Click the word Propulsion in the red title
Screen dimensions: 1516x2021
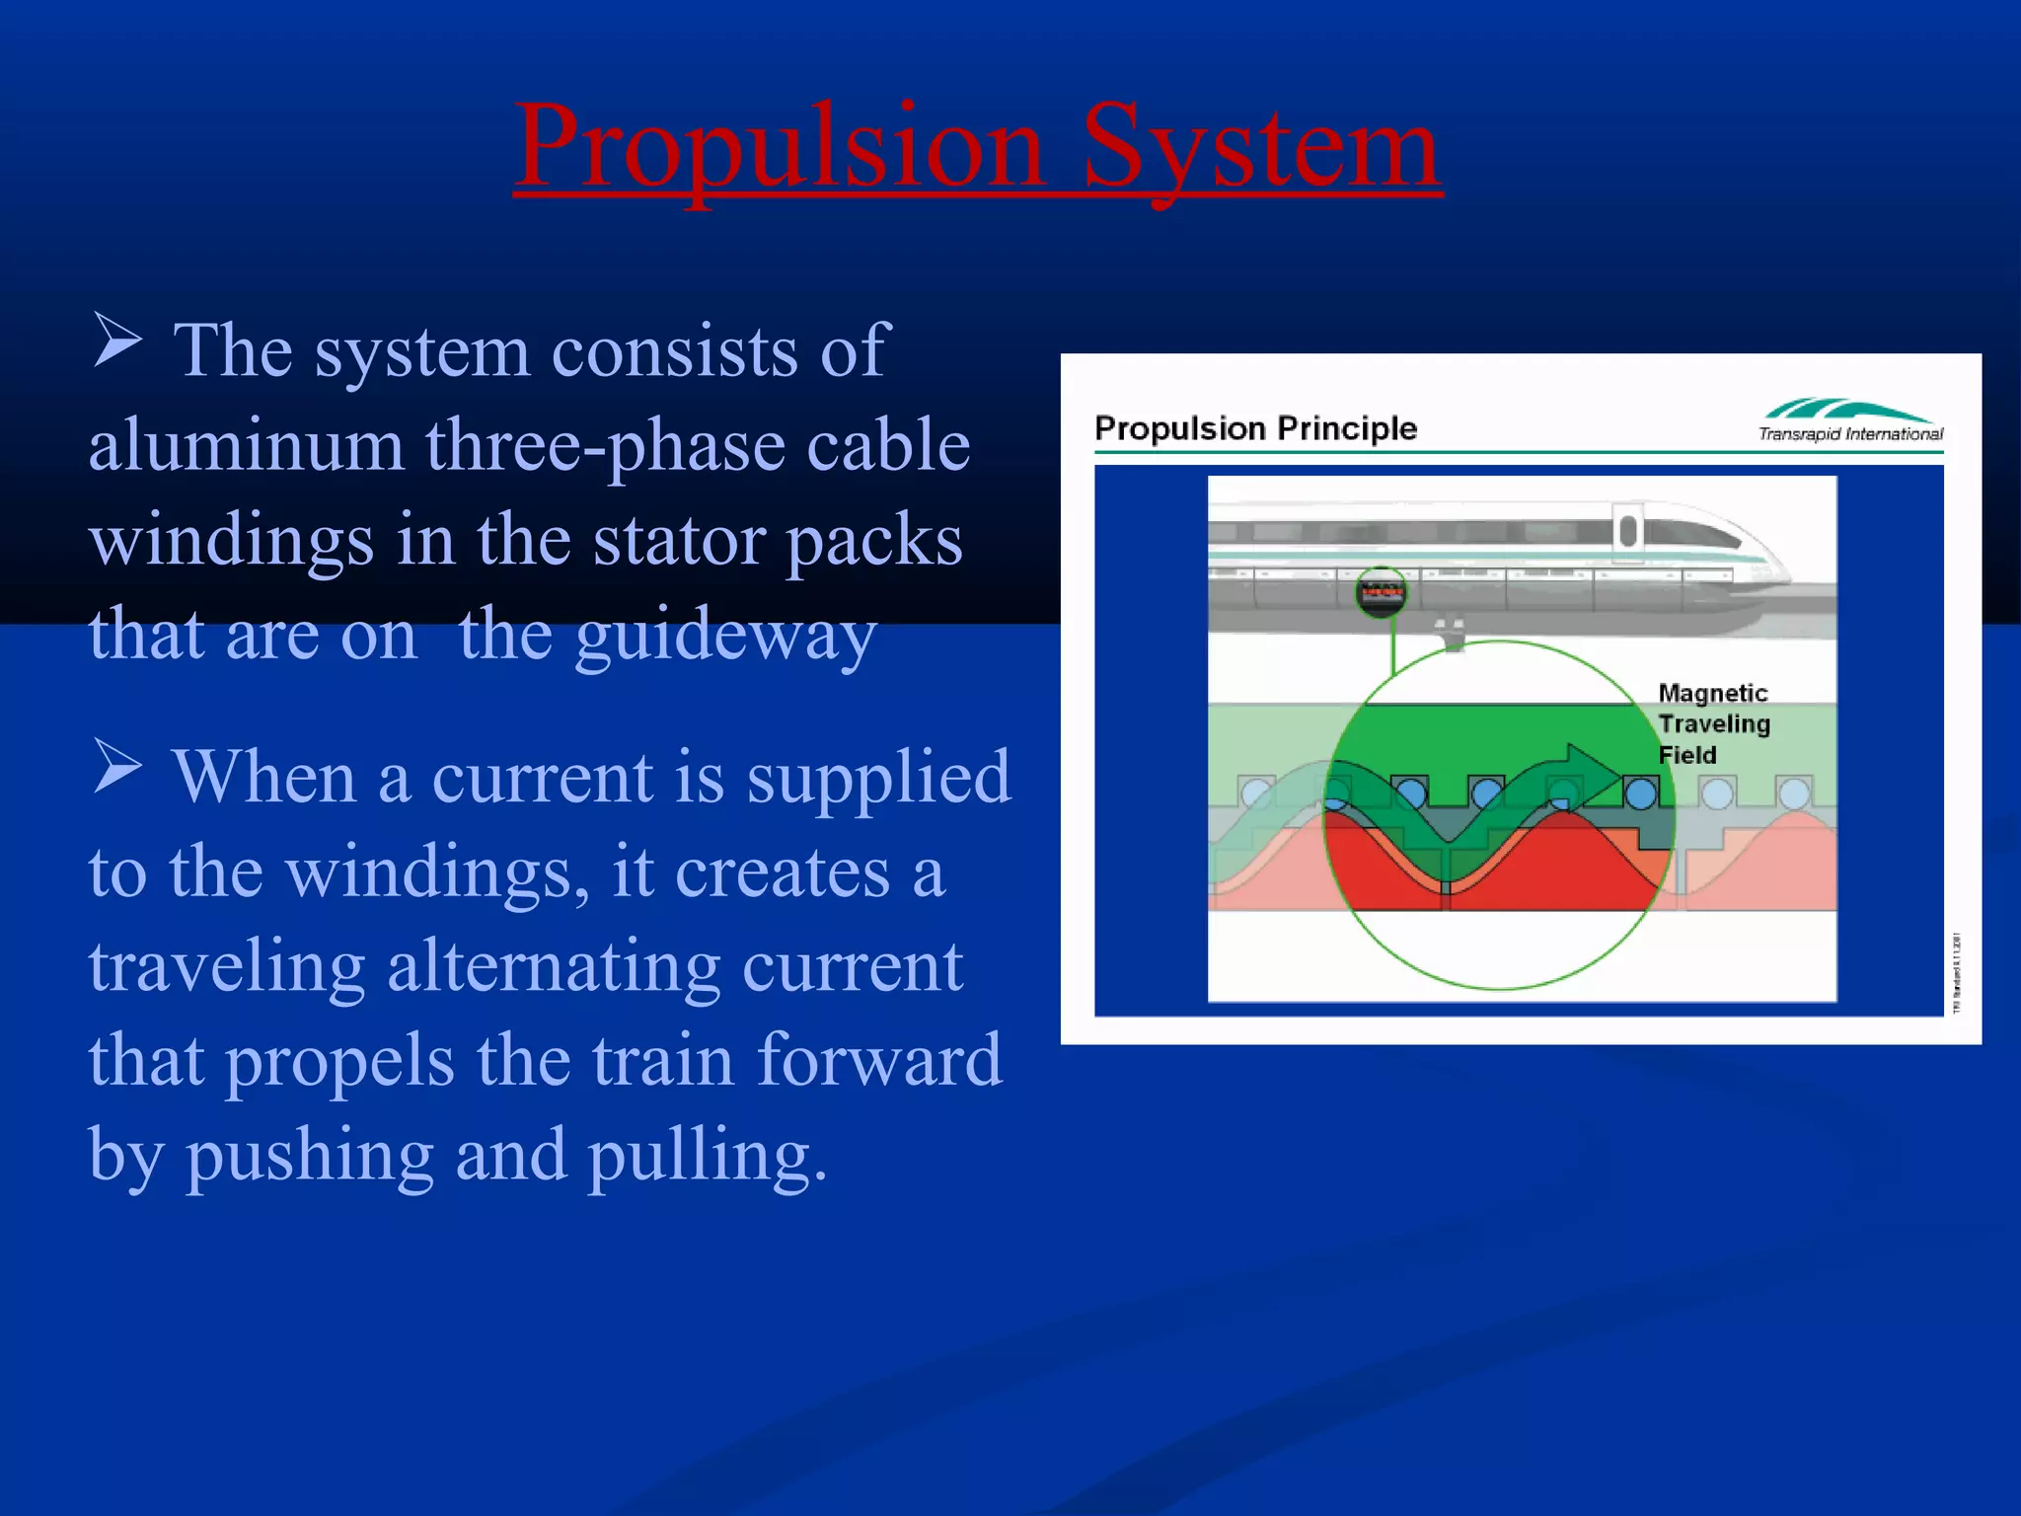coord(780,148)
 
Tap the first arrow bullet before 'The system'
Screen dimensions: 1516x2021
coord(118,340)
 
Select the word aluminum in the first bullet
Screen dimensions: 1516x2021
coord(247,446)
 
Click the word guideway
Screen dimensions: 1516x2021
coord(715,637)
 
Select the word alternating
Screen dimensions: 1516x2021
coord(553,967)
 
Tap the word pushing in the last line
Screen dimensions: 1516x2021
coord(310,1156)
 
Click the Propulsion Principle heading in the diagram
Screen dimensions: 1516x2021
coord(1255,428)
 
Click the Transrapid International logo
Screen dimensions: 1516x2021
coord(1849,420)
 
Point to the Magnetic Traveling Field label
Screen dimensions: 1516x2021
coord(1713,723)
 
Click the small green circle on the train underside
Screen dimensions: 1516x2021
coord(1381,592)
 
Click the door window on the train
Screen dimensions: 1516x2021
coord(1627,531)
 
